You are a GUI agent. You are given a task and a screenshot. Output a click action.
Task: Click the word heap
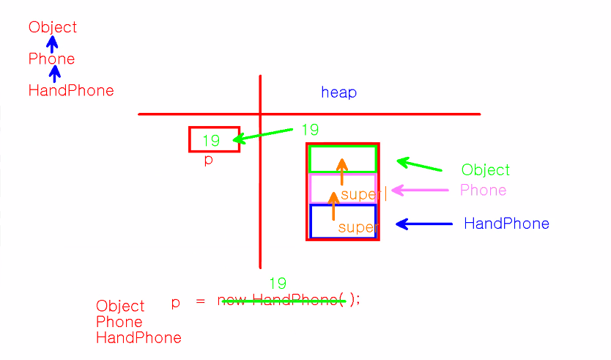(x=338, y=92)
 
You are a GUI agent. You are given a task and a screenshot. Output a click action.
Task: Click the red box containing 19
(x=214, y=139)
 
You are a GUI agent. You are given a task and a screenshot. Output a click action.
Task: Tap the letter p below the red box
(x=209, y=160)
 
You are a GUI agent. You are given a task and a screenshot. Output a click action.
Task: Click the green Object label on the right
(x=485, y=170)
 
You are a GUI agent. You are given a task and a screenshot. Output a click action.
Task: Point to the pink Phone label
(x=483, y=191)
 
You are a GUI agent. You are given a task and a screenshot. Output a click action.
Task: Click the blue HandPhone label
(x=506, y=224)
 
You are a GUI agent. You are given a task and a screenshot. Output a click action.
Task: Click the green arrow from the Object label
(x=419, y=165)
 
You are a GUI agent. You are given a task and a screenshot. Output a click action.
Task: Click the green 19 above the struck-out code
(x=277, y=284)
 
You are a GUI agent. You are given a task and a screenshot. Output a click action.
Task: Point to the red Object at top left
(x=53, y=28)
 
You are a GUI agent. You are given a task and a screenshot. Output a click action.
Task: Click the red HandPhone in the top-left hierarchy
(x=71, y=91)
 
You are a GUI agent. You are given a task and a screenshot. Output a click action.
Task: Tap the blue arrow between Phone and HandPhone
(x=54, y=74)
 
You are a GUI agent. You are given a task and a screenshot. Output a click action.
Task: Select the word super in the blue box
(x=357, y=228)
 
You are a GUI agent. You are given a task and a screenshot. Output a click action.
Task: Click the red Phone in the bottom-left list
(x=119, y=322)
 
